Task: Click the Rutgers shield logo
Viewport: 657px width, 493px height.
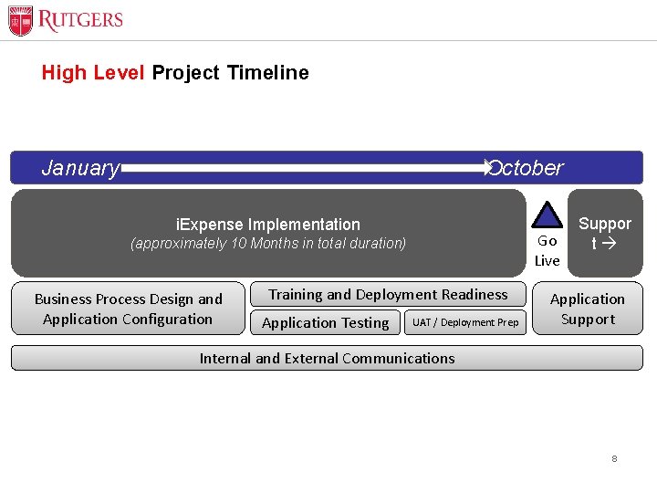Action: pos(20,20)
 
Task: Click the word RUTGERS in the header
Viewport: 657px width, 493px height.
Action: pos(80,20)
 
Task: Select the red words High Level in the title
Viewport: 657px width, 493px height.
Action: pos(92,73)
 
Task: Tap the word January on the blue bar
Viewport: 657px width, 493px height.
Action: pos(80,168)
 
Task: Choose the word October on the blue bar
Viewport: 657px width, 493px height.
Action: pos(527,168)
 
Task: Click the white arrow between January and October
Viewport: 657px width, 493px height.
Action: pos(306,168)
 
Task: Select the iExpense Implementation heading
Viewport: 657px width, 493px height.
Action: pos(267,224)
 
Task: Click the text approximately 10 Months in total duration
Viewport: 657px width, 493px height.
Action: pos(268,244)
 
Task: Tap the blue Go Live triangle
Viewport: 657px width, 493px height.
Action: pos(547,215)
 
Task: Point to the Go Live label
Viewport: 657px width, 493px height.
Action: pos(547,251)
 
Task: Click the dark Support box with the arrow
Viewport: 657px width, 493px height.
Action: pos(604,233)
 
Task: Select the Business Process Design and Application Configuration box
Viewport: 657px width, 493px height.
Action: pos(128,309)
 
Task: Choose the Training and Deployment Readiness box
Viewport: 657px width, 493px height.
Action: pos(388,294)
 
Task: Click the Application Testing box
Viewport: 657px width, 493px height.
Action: pos(326,322)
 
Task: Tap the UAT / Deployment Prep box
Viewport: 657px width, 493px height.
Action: pos(465,322)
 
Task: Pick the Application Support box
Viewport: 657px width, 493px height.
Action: pos(588,309)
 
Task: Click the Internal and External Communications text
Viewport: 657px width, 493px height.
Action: pos(327,358)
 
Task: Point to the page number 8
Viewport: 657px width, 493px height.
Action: pos(614,458)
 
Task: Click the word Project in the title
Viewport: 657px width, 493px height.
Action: pos(185,73)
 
